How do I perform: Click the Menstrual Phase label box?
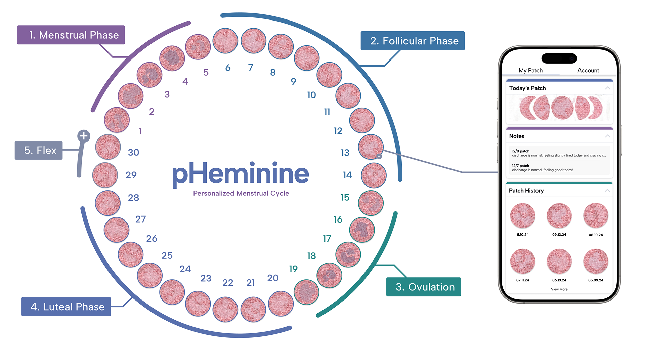(x=71, y=35)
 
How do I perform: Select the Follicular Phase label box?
(x=413, y=41)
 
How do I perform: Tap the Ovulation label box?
(x=424, y=287)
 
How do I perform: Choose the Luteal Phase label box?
(x=66, y=307)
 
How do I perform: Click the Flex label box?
(x=39, y=150)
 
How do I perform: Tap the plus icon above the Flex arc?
(x=84, y=136)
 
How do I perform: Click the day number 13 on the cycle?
(x=345, y=153)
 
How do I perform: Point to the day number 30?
(x=133, y=153)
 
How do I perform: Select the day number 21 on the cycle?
(x=251, y=283)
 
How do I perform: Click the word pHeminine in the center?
(x=241, y=174)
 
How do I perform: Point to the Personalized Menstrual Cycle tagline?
(x=241, y=193)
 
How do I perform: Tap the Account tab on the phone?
(x=588, y=70)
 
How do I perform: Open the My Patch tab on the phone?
(x=530, y=70)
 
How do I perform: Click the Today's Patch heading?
(x=527, y=88)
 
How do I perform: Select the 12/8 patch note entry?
(x=559, y=153)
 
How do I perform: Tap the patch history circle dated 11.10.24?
(x=523, y=215)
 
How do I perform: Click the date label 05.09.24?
(x=596, y=280)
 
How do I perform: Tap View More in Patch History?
(x=559, y=289)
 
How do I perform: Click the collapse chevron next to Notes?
(x=607, y=136)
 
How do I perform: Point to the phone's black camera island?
(x=559, y=58)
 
